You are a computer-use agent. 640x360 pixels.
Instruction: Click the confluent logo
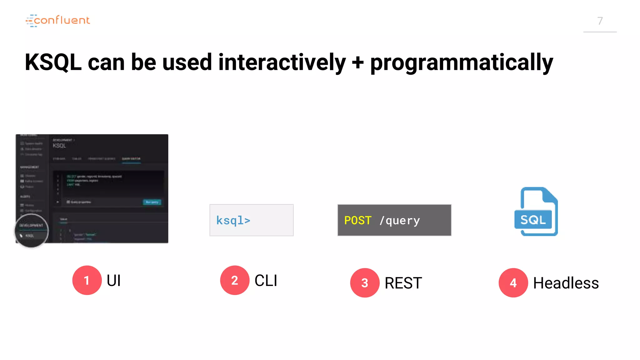pyautogui.click(x=58, y=20)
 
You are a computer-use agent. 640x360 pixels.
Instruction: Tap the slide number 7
pyautogui.click(x=600, y=21)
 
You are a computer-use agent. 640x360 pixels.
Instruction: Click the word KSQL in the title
pyautogui.click(x=53, y=62)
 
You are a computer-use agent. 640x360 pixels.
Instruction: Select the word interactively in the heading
pyautogui.click(x=282, y=62)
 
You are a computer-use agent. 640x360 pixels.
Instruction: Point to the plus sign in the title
pyautogui.click(x=357, y=62)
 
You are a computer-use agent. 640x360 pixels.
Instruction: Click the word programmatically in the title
pyautogui.click(x=462, y=63)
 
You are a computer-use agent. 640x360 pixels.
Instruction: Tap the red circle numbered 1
pyautogui.click(x=87, y=280)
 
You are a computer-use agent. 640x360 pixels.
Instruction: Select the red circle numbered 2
pyautogui.click(x=235, y=280)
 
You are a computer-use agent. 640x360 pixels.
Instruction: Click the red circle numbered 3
pyautogui.click(x=365, y=283)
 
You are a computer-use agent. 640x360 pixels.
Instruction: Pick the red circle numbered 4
pyautogui.click(x=513, y=283)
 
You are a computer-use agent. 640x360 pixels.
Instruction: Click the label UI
pyautogui.click(x=114, y=280)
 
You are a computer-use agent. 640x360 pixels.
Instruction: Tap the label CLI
pyautogui.click(x=266, y=280)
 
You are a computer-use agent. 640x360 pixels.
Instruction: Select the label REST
pyautogui.click(x=403, y=283)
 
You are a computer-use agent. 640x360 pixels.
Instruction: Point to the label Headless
pyautogui.click(x=566, y=283)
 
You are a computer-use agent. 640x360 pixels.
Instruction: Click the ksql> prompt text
pyautogui.click(x=233, y=221)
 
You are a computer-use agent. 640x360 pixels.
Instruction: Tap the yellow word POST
pyautogui.click(x=358, y=221)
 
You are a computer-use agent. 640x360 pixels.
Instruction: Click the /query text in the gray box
pyautogui.click(x=400, y=221)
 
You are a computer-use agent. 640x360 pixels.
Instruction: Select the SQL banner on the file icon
pyautogui.click(x=533, y=220)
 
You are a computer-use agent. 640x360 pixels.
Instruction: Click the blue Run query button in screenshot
pyautogui.click(x=152, y=202)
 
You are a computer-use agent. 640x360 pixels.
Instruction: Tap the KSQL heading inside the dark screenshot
pyautogui.click(x=59, y=146)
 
